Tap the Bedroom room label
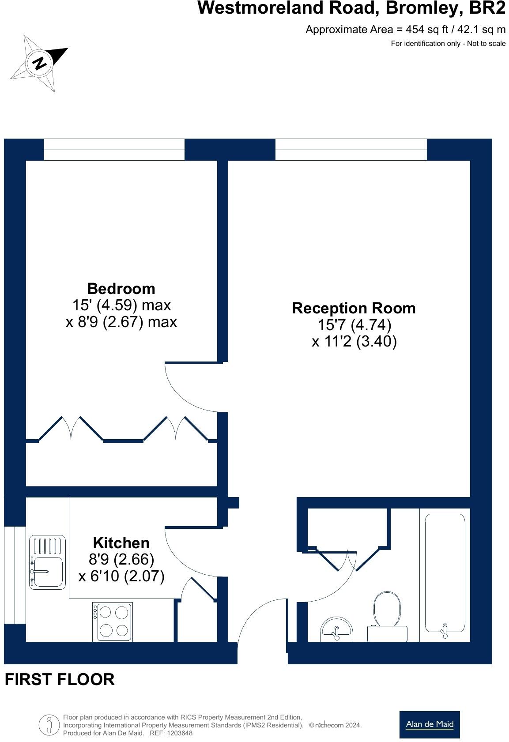[121, 289]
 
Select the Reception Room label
[354, 308]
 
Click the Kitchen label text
[121, 542]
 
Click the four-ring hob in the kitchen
[112, 621]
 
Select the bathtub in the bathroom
[445, 574]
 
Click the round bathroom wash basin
[337, 630]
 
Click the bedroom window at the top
[114, 150]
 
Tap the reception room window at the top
[351, 150]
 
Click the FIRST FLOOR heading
[60, 679]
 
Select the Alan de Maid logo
[429, 724]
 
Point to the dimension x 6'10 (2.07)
[121, 576]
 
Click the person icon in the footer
[49, 725]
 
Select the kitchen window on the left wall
[15, 575]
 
